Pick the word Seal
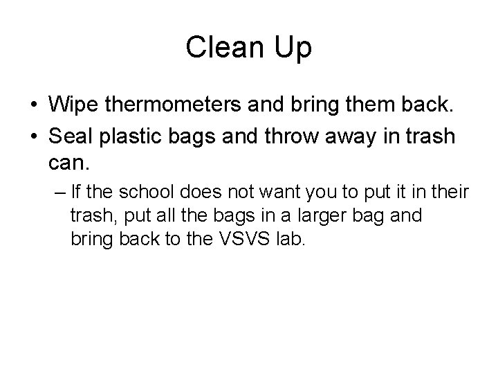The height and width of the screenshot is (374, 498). pos(68,136)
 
